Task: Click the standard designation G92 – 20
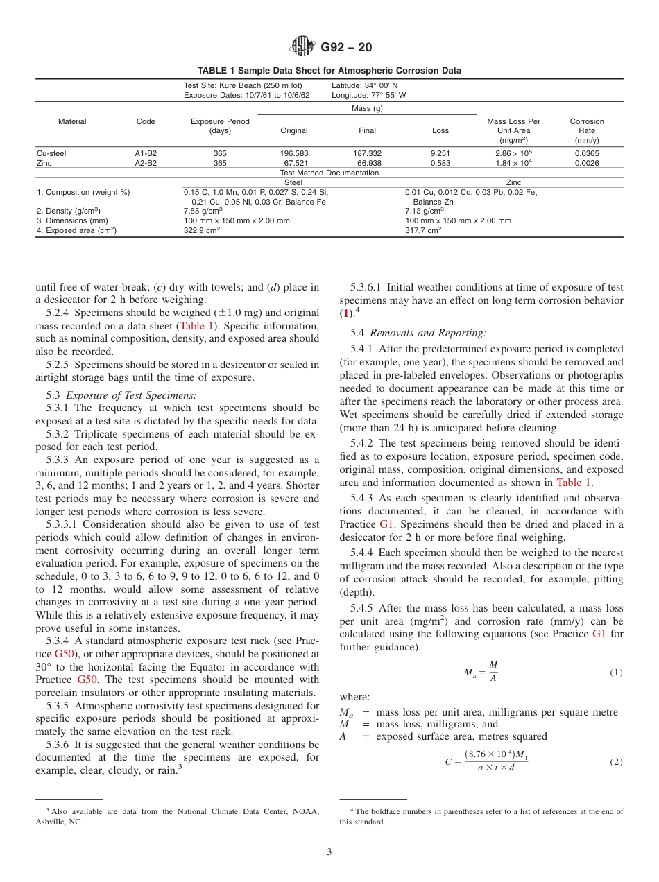point(346,48)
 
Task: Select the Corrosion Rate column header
point(586,130)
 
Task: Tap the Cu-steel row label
point(51,153)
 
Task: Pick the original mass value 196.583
point(293,153)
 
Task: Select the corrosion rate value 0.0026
point(586,163)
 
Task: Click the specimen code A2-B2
point(145,163)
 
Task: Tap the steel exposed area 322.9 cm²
point(202,230)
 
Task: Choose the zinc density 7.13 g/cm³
point(425,211)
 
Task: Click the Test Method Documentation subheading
point(329,173)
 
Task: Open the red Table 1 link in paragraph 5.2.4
point(198,325)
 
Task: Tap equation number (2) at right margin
point(615,762)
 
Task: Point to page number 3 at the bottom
point(329,852)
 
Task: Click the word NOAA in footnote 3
point(305,811)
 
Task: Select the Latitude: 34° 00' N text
point(364,85)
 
